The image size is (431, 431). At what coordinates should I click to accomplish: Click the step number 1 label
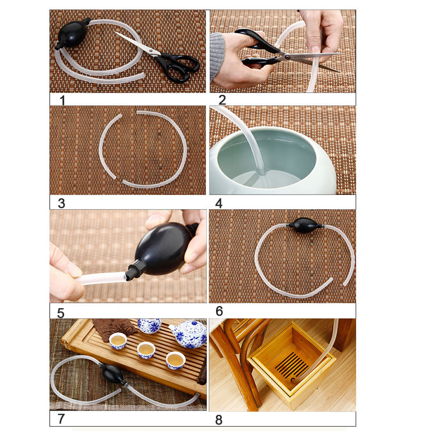point(62,100)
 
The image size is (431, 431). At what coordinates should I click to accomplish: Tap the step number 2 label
point(222,100)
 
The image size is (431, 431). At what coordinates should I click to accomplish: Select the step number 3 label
point(61,204)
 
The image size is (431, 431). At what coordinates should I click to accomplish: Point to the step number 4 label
point(219,204)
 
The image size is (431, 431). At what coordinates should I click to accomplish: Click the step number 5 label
point(61,314)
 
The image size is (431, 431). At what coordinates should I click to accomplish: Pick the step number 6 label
point(219,311)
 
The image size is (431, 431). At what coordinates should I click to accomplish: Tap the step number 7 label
point(61,419)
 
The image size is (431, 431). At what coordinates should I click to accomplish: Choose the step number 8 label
point(219,420)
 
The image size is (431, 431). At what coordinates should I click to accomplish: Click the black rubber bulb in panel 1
point(73,34)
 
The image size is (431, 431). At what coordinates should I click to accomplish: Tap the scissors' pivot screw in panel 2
point(287,57)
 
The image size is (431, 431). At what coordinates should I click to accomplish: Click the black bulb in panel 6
point(304,225)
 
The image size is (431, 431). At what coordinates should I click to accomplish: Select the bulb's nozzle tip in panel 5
point(128,275)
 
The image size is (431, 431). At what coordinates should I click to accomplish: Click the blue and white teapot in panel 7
point(189,333)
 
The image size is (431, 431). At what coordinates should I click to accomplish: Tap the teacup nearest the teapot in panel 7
point(176,360)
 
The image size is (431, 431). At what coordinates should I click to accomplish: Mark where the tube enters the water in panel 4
point(261,173)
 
